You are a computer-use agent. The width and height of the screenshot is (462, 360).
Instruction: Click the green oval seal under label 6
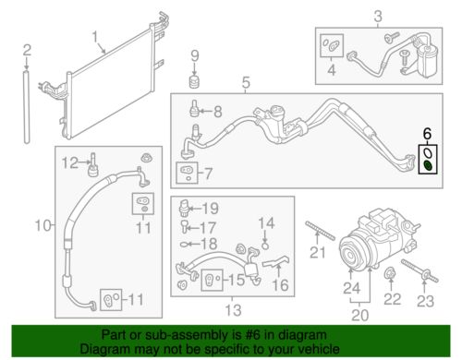click(x=429, y=165)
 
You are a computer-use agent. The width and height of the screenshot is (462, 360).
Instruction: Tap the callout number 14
click(x=265, y=222)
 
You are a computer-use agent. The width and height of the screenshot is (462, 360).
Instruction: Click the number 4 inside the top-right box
click(x=330, y=69)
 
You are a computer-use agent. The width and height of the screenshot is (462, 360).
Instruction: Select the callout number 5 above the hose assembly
click(x=246, y=87)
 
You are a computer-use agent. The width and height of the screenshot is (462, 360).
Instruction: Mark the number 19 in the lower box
click(x=212, y=208)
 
